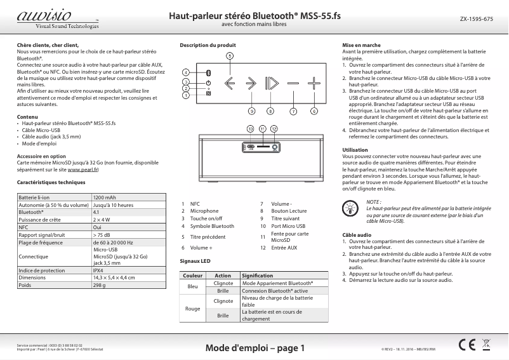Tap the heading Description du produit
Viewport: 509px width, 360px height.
tap(208, 46)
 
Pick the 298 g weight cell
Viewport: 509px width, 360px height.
tap(100, 285)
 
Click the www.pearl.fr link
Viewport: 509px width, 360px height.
tap(83, 171)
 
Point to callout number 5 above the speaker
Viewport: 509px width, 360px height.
tap(230, 56)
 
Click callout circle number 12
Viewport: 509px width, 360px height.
tap(274, 129)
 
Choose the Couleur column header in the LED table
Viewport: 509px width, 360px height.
tap(193, 276)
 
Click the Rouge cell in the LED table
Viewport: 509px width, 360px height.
tap(193, 308)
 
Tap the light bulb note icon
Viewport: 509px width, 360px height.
tap(350, 206)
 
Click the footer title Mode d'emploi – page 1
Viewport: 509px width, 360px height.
tap(255, 348)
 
